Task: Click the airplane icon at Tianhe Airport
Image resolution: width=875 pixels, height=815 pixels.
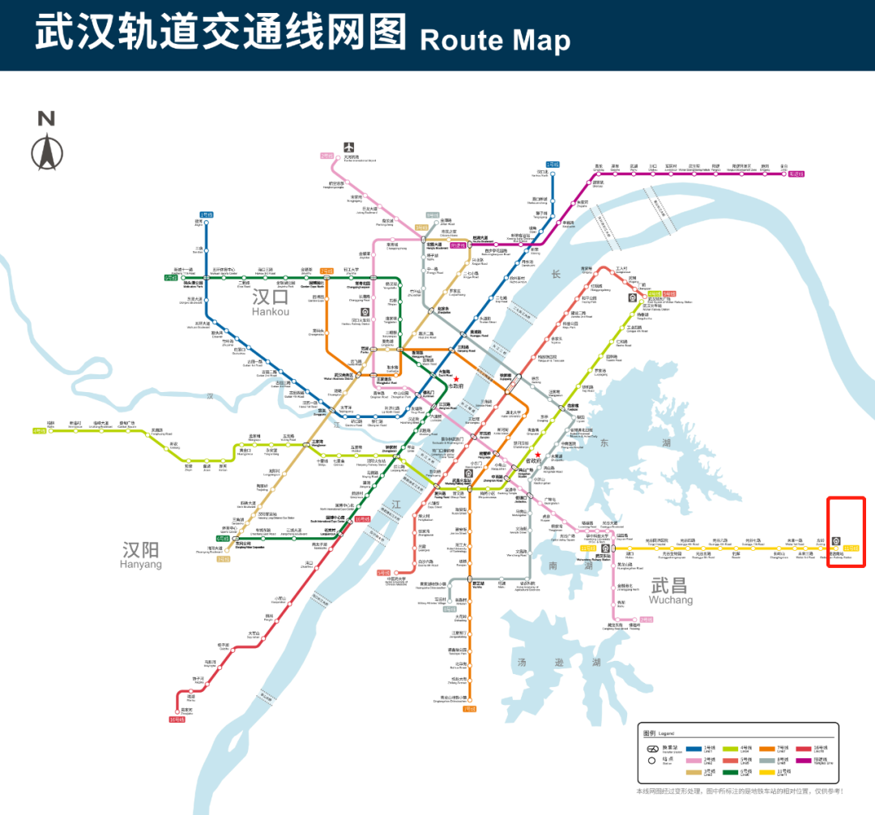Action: pos(350,147)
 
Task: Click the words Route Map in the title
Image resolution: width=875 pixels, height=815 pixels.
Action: pos(495,40)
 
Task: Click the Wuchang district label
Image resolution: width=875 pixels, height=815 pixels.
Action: pos(671,590)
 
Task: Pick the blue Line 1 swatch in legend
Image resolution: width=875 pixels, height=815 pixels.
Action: pos(693,749)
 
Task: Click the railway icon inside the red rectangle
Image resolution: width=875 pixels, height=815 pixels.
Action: pos(836,540)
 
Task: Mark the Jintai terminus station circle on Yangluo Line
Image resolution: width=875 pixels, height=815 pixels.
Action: pos(783,172)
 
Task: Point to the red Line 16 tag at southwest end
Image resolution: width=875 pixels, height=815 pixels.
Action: pos(177,719)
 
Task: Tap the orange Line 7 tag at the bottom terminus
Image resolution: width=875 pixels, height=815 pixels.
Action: pos(468,708)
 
